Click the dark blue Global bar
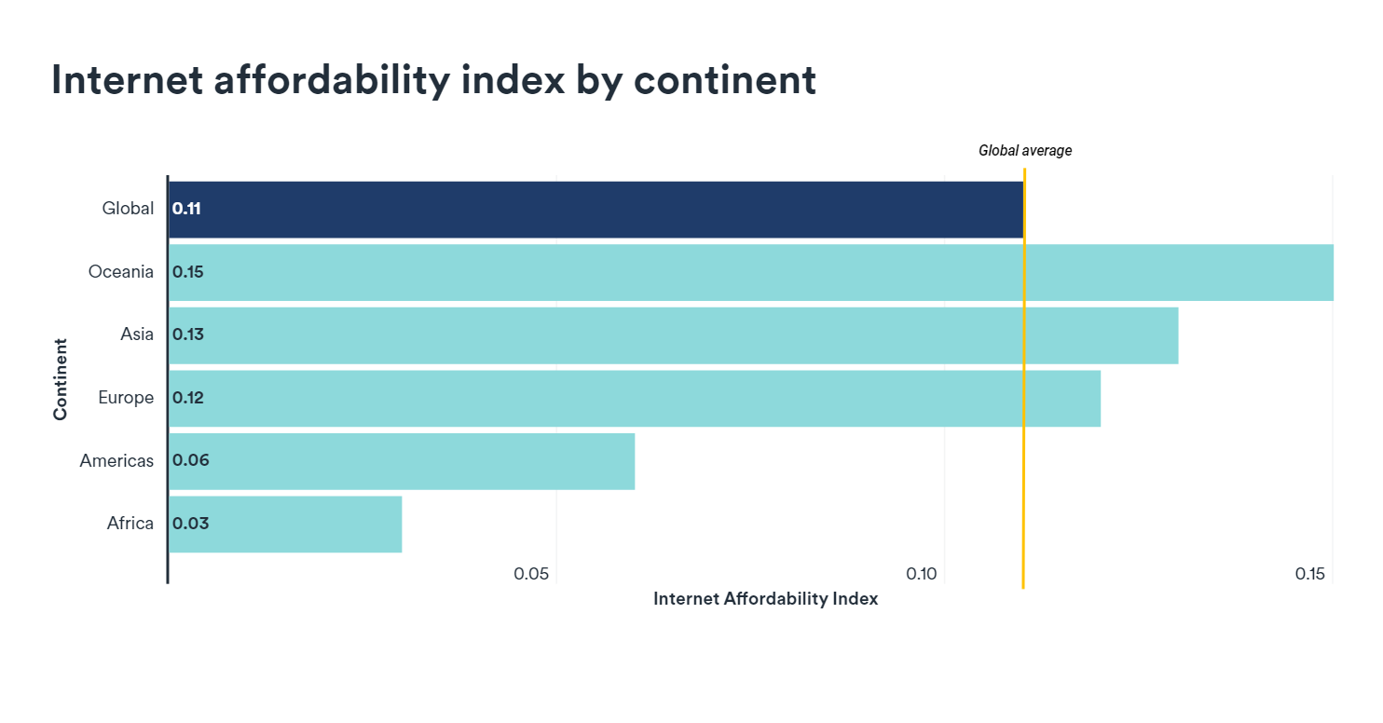596,210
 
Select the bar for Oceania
750,272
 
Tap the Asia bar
673,335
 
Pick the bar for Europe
634,399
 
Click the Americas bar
402,461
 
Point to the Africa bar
285,524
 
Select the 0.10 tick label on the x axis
921,574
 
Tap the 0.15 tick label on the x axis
1309,574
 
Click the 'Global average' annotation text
1025,150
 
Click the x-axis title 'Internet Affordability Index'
765,599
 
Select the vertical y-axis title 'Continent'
61,379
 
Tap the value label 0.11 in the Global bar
186,209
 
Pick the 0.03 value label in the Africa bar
190,524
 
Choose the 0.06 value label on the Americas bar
190,460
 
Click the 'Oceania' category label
121,272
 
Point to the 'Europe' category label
126,398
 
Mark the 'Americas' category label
116,460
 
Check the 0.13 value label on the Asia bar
188,334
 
